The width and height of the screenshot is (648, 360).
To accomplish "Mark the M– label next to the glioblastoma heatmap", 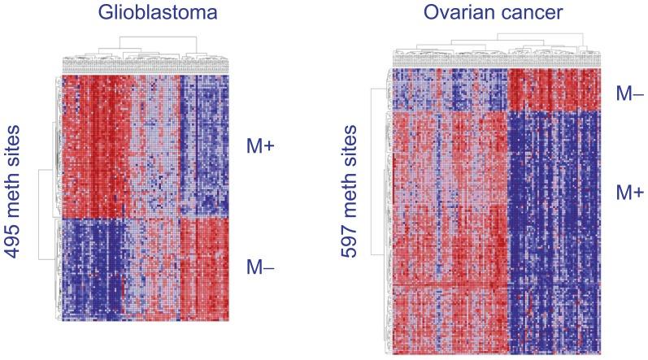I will pyautogui.click(x=260, y=266).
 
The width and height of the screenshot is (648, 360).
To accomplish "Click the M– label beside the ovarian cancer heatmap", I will pyautogui.click(x=628, y=93).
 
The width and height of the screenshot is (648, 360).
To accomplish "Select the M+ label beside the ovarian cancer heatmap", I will pyautogui.click(x=628, y=192).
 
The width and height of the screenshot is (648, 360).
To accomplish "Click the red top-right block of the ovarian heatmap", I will pyautogui.click(x=553, y=89).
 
